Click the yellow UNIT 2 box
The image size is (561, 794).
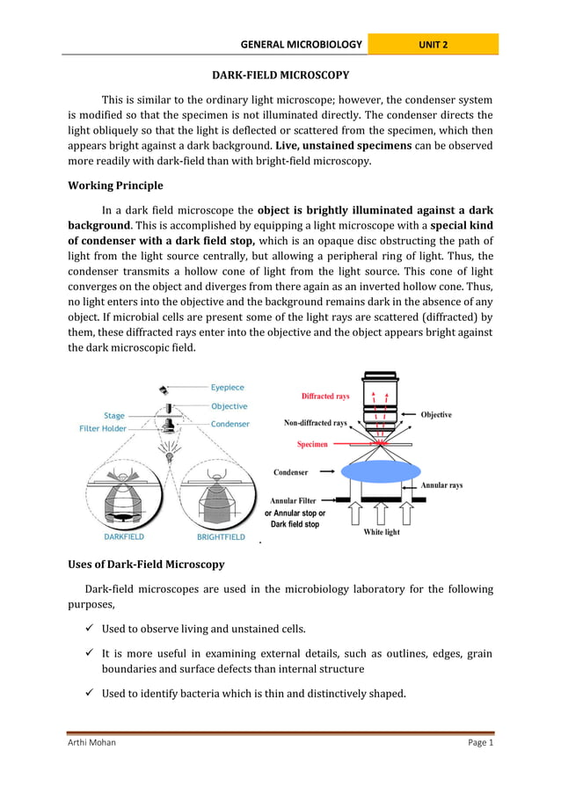433,44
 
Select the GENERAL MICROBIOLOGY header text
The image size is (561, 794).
302,44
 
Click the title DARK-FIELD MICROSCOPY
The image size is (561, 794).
280,76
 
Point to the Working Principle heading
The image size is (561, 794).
115,186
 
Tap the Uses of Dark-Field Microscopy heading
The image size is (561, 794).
146,564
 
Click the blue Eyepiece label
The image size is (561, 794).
228,387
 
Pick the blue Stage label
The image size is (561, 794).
114,415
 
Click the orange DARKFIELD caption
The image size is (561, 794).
124,535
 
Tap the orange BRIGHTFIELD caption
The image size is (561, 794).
220,535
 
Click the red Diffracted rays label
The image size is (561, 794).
325,396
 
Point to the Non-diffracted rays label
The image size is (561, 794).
315,423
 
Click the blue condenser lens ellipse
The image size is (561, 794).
381,471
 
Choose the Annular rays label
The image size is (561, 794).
441,485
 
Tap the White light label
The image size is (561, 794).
382,532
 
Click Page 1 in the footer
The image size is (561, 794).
480,742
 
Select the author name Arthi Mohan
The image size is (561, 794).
92,742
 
